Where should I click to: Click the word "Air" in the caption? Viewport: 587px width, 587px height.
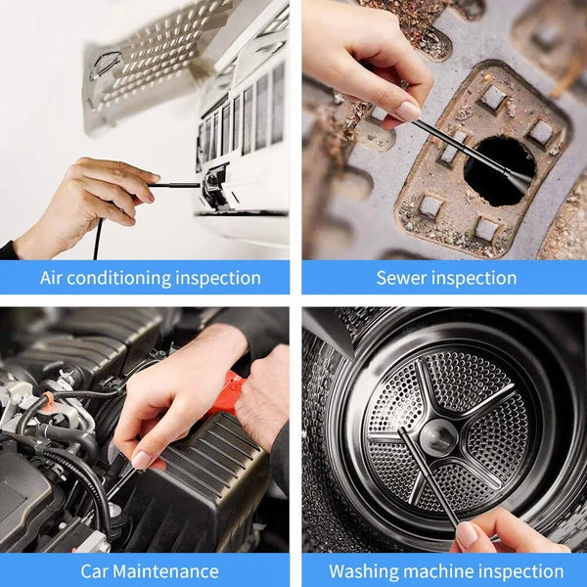[x=55, y=278]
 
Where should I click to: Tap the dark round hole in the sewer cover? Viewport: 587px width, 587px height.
[x=499, y=168]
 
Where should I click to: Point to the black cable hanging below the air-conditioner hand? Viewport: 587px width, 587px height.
[x=97, y=240]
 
